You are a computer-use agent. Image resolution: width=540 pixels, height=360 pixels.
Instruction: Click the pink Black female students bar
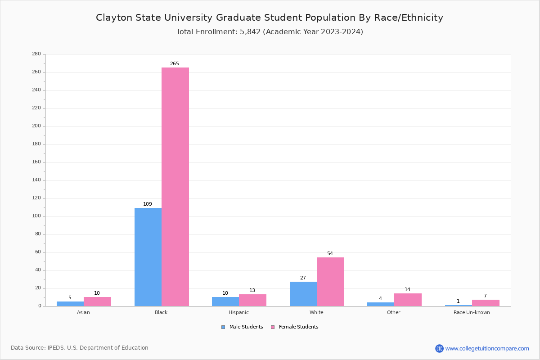point(175,187)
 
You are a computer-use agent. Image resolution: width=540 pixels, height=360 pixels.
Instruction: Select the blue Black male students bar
point(148,257)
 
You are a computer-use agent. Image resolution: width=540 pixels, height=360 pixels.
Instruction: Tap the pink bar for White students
point(330,282)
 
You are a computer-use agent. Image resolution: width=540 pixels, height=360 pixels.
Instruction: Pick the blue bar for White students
point(303,294)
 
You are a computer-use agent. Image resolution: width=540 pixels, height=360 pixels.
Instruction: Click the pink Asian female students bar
point(97,301)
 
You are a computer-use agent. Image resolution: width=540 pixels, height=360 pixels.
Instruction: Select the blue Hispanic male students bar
point(225,301)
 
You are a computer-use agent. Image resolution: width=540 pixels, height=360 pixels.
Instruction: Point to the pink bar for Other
point(408,300)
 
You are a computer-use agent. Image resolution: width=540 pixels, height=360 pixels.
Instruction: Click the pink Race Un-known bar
point(486,303)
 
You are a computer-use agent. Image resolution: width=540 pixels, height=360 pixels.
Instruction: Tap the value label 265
point(175,64)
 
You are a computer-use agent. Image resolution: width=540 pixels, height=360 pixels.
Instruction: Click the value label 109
point(148,204)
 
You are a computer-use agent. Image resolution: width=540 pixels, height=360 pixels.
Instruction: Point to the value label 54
point(330,254)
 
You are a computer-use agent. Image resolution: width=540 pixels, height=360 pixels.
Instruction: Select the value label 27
point(303,278)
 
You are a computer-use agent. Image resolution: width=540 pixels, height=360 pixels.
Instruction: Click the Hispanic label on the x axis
point(238,312)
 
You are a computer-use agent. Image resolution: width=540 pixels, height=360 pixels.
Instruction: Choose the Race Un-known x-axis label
point(472,312)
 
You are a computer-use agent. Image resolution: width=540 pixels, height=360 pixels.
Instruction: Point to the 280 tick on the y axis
point(36,54)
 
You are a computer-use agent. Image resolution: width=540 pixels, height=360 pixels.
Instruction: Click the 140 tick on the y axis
point(36,180)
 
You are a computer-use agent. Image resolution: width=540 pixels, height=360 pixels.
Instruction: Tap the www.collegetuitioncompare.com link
point(487,348)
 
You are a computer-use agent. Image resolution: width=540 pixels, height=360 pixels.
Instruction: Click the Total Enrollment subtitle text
point(270,32)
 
